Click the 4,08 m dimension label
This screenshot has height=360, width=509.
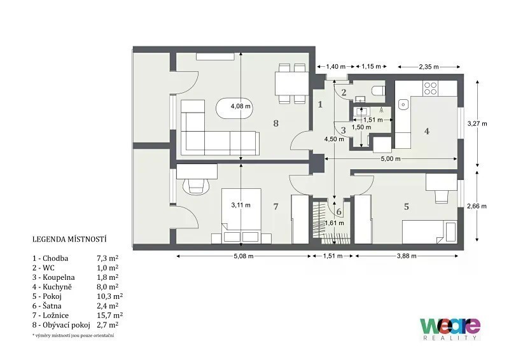(241, 106)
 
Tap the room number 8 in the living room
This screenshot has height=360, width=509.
(276, 123)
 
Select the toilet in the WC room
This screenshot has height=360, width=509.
(379, 90)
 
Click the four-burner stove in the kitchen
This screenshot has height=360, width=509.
(430, 88)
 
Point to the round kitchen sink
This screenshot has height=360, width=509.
(403, 104)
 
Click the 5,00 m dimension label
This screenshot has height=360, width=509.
(391, 159)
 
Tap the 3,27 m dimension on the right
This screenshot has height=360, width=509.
(477, 123)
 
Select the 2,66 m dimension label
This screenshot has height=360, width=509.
(477, 206)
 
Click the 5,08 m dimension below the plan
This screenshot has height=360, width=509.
(244, 256)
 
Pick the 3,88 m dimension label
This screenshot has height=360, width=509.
(407, 256)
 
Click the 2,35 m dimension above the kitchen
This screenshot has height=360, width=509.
(429, 67)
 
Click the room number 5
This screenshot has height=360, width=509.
(407, 207)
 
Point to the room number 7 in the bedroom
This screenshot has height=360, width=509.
(276, 207)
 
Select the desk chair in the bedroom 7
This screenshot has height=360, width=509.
(196, 186)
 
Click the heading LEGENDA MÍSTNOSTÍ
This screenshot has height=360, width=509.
(69, 239)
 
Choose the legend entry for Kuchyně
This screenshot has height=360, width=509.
(75, 287)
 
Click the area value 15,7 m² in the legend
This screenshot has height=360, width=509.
(109, 315)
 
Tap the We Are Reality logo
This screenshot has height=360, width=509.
(450, 329)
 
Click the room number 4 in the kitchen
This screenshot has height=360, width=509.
(427, 131)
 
